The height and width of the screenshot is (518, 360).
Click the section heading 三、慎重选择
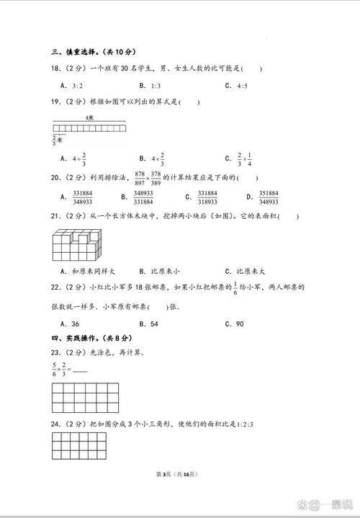[x=94, y=52]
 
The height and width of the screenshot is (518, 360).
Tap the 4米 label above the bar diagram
[x=89, y=116]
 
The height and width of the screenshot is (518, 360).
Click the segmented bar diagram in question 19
[x=89, y=128]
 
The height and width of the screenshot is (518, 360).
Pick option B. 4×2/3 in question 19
[x=151, y=158]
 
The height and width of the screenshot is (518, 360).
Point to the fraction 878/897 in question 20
[x=140, y=177]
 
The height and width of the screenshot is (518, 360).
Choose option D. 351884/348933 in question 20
[x=267, y=197]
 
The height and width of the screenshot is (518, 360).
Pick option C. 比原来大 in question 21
[x=245, y=272]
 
